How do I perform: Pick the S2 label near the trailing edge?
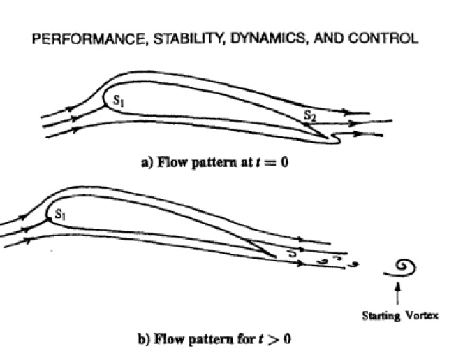pyautogui.click(x=310, y=117)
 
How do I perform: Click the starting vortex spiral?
pyautogui.click(x=404, y=266)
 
